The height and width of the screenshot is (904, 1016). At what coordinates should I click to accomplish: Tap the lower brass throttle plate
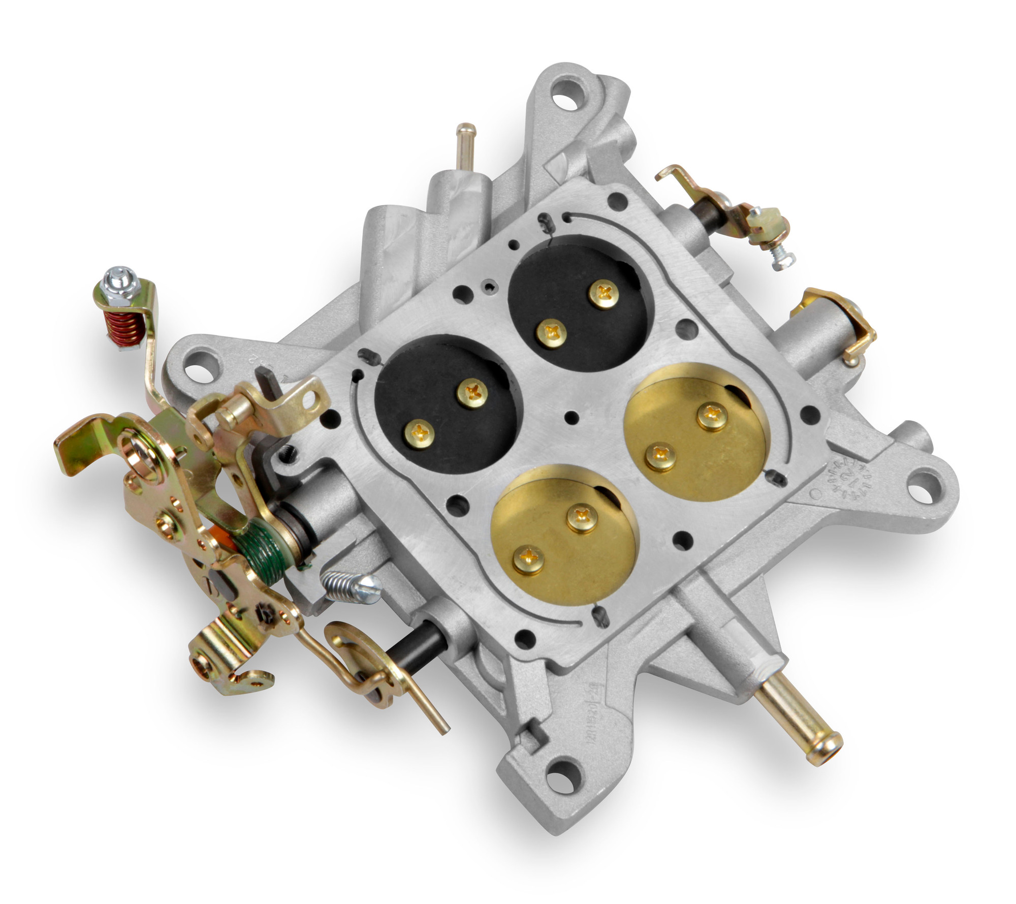tap(564, 534)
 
